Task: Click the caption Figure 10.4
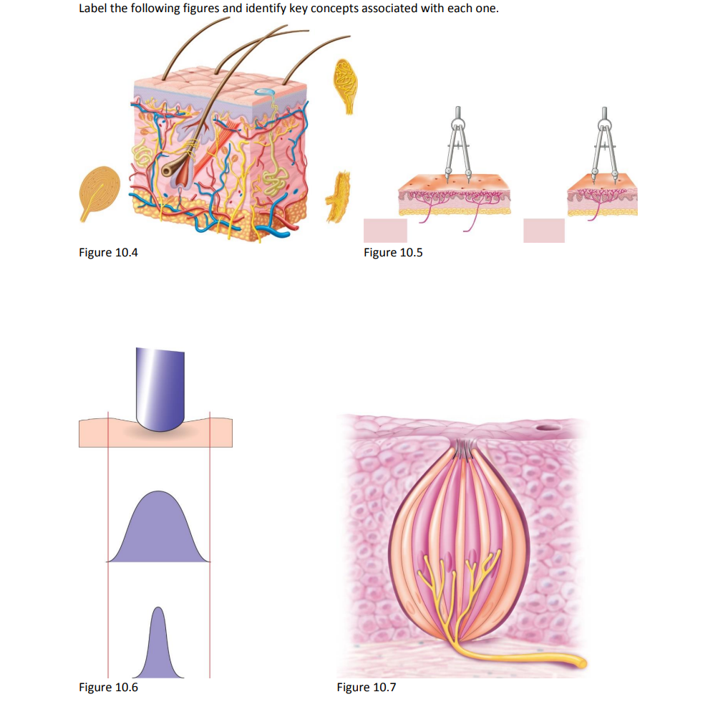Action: [x=108, y=252]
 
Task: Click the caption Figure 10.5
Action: [x=393, y=252]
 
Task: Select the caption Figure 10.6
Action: [x=108, y=688]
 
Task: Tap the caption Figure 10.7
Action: [x=366, y=688]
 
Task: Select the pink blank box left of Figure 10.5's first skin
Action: [x=385, y=230]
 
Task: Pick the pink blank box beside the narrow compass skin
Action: [x=543, y=230]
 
